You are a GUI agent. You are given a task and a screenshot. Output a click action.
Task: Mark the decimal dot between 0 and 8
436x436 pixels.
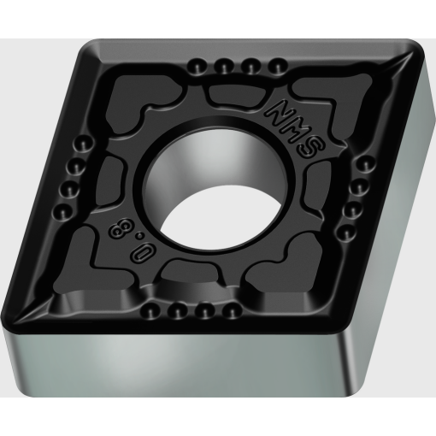pyautogui.click(x=139, y=235)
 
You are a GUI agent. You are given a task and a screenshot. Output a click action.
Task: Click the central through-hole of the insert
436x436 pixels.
pyautogui.click(x=215, y=188)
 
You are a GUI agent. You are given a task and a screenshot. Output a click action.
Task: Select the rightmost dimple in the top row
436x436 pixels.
pyautogui.click(x=277, y=66)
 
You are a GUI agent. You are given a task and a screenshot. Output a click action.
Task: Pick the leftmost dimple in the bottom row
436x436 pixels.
pyautogui.click(x=150, y=310)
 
